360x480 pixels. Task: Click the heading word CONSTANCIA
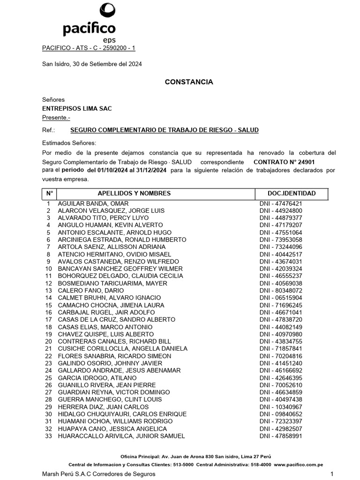tap(189, 82)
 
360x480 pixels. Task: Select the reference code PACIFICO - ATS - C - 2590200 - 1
tap(89, 48)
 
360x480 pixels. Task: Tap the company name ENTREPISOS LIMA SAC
tap(77, 108)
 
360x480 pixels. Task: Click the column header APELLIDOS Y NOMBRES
tap(134, 193)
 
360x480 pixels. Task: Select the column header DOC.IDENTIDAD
tap(291, 193)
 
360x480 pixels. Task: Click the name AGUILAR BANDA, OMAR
tap(93, 203)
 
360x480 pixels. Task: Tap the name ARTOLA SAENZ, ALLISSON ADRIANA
tap(111, 247)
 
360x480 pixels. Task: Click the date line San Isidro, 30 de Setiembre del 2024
tap(92, 64)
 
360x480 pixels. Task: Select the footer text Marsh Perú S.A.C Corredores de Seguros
tap(98, 474)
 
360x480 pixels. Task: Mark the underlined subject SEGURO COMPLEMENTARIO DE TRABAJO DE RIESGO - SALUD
tap(164, 130)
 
